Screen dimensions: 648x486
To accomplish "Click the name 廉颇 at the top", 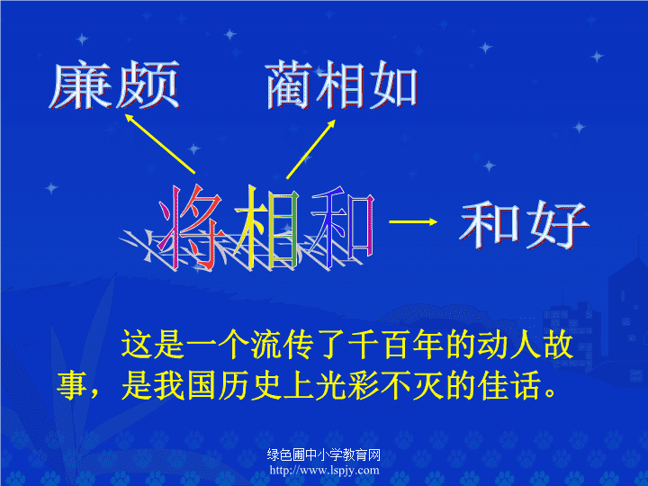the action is click(x=114, y=85).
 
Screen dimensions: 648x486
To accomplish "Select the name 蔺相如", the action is click(x=341, y=85).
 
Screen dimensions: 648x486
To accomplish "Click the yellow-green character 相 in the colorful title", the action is click(x=266, y=227).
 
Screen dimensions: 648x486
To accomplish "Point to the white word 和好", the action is click(x=524, y=226).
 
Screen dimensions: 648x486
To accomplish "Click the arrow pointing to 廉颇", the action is click(x=159, y=143).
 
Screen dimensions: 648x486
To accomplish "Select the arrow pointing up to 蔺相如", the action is click(x=310, y=149).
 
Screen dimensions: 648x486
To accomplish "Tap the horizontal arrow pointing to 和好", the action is click(x=413, y=222).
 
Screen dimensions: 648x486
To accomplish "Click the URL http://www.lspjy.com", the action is click(x=324, y=471).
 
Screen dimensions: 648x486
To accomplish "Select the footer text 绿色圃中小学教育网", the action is click(x=324, y=454).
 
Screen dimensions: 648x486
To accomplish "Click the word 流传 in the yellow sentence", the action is click(x=283, y=344).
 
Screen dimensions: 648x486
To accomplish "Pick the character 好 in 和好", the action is click(x=558, y=226).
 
